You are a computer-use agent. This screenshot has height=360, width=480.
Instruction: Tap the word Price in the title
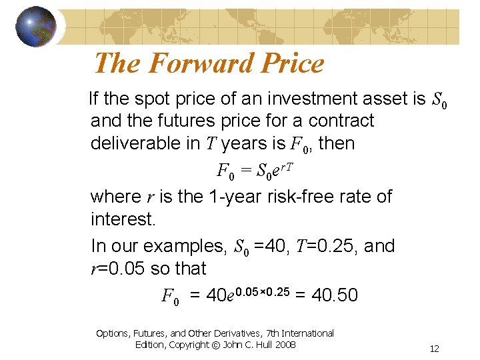[x=289, y=64]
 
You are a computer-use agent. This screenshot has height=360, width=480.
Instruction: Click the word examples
[x=187, y=246]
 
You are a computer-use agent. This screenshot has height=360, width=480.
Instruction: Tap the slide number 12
[x=434, y=349]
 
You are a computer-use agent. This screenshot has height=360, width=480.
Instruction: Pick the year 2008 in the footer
[x=285, y=344]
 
